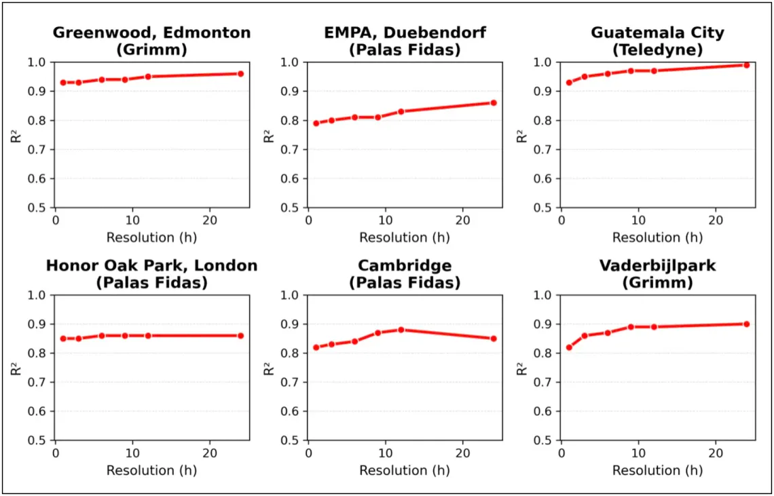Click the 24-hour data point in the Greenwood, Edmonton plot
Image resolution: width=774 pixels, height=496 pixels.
click(240, 73)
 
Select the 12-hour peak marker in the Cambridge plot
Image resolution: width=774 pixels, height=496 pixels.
click(401, 330)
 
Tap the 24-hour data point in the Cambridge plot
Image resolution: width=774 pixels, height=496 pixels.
click(494, 339)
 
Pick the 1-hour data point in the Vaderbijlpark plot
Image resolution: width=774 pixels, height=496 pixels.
click(569, 347)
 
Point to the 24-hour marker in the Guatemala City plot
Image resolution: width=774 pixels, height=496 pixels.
click(746, 65)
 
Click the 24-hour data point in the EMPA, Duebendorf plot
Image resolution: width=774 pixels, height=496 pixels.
click(494, 102)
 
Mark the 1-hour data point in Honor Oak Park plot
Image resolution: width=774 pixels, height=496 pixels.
click(63, 339)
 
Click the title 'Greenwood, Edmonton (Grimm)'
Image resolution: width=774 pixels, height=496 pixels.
click(151, 41)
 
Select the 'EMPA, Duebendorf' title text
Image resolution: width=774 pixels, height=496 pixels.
click(405, 33)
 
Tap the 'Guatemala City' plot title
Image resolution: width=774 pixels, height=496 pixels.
click(657, 33)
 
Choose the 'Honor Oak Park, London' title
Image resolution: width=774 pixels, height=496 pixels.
click(151, 265)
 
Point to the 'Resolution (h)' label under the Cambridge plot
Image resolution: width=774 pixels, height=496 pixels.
click(405, 470)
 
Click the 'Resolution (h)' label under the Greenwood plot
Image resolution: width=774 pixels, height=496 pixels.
click(151, 237)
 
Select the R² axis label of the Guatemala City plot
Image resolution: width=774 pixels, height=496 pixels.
click(522, 135)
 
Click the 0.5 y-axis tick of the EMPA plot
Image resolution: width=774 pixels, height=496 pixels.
click(291, 208)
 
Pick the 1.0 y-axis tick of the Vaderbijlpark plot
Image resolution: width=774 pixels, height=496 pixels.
click(544, 295)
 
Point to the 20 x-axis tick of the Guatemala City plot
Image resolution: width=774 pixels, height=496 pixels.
click(715, 221)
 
